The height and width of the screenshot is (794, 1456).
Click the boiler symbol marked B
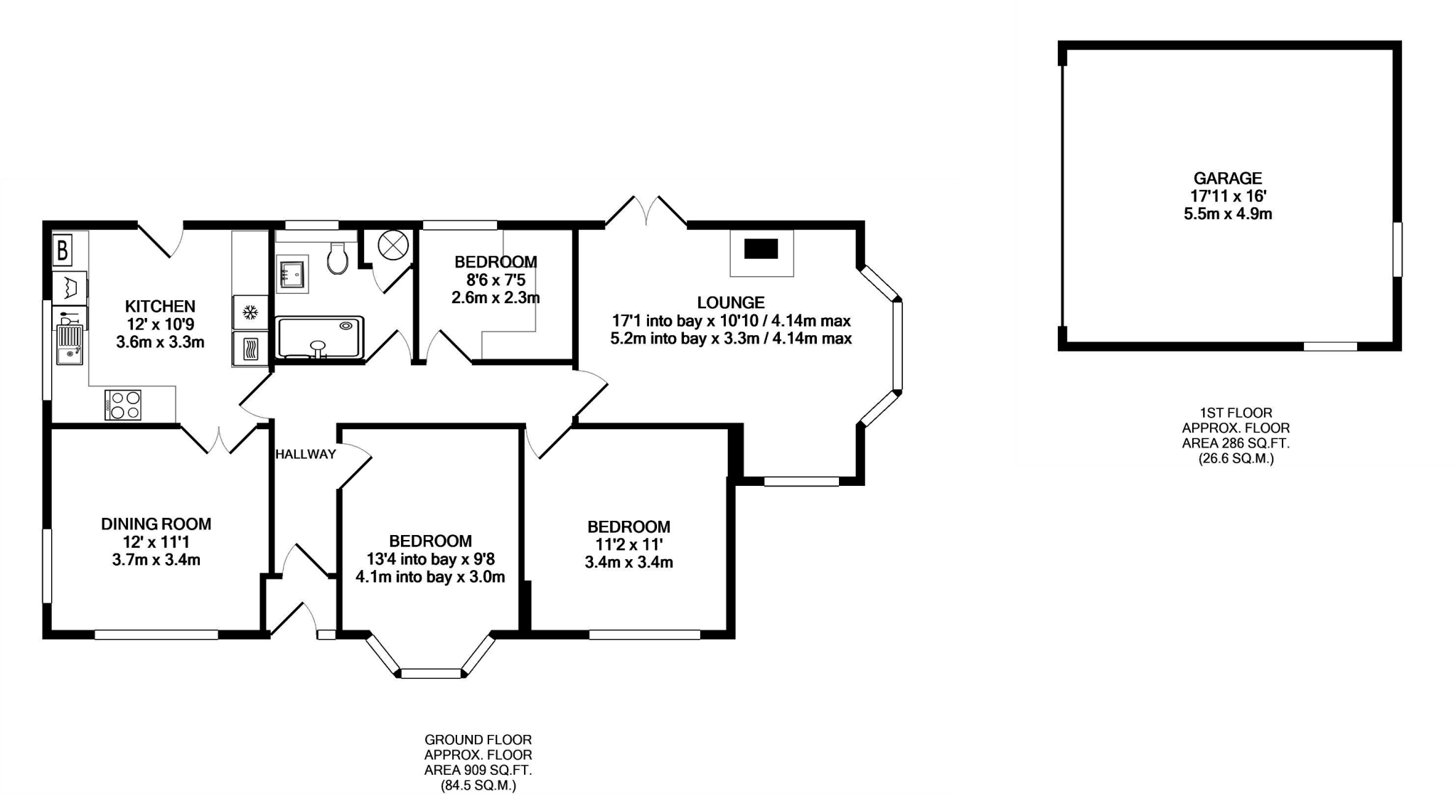[x=63, y=250]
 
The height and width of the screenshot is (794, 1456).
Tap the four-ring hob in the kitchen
[x=124, y=405]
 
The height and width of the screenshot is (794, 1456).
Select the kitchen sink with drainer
[x=69, y=345]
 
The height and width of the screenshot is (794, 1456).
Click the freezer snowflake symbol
[x=250, y=312]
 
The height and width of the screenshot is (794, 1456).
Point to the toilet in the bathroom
[x=338, y=258]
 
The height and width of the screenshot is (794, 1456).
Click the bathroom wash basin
[x=291, y=272]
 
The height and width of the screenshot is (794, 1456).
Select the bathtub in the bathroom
[x=320, y=338]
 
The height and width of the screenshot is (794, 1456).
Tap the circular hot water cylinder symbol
[x=393, y=246]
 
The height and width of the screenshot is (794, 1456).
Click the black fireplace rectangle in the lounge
[x=761, y=249]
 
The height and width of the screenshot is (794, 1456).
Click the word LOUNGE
[x=730, y=303]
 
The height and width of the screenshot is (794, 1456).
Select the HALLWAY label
[x=305, y=454]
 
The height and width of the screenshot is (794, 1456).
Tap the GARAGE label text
[x=1227, y=179]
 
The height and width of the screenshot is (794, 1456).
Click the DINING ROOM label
[x=156, y=524]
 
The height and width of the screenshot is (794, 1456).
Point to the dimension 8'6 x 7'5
[x=496, y=280]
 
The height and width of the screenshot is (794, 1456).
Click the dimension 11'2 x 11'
[x=628, y=545]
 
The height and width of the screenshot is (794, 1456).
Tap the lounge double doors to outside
[x=646, y=211]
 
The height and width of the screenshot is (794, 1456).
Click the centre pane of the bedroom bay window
[x=431, y=673]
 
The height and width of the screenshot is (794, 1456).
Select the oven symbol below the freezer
[x=250, y=349]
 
